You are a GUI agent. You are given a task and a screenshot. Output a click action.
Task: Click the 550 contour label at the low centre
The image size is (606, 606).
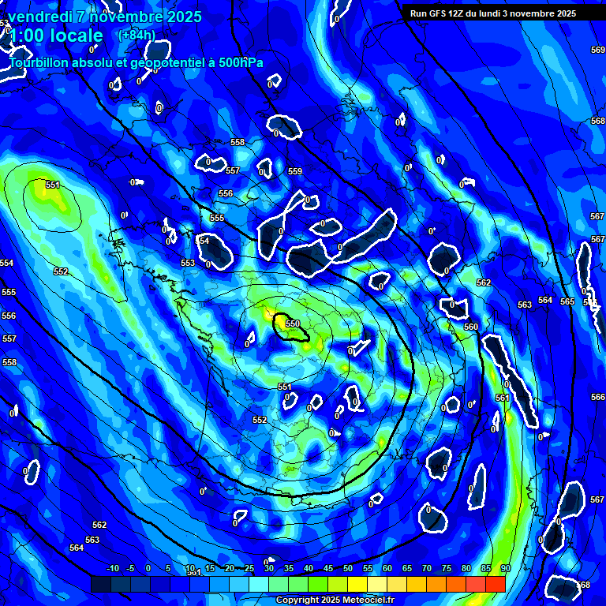click(x=292, y=324)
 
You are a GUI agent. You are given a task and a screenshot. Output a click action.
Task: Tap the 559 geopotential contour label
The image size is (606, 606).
click(x=295, y=171)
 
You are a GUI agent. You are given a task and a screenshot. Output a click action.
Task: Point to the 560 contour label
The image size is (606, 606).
click(x=471, y=327)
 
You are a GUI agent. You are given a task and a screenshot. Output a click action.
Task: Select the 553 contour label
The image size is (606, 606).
click(x=188, y=263)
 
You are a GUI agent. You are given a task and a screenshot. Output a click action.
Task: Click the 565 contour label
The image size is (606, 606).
click(x=567, y=301)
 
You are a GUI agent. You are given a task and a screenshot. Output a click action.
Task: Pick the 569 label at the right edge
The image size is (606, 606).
click(x=597, y=50)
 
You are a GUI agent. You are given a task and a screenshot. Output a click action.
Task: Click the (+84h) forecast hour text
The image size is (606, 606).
click(x=137, y=35)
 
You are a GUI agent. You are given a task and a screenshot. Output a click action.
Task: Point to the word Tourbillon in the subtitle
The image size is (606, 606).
click(x=43, y=62)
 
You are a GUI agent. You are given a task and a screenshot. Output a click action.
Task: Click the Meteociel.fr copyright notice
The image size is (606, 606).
click(x=335, y=600)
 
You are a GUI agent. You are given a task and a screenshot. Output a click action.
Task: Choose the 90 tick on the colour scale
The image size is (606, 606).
click(x=505, y=568)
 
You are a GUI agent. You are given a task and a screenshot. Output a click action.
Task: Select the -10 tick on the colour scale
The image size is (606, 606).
click(x=113, y=568)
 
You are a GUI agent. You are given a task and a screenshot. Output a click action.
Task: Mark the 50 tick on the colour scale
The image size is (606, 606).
click(x=348, y=568)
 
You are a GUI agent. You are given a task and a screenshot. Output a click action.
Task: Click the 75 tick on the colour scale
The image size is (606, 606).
click(x=447, y=568)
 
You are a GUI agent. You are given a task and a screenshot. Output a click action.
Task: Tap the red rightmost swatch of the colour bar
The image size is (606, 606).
click(x=495, y=584)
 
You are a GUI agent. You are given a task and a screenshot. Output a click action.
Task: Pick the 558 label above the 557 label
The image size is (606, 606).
click(x=238, y=142)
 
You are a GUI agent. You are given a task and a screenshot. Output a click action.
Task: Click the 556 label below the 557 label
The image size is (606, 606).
click(x=226, y=193)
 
